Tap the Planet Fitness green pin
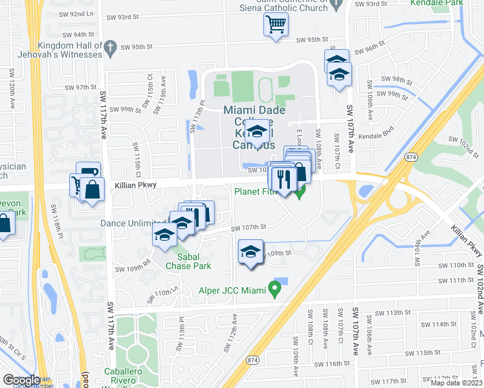(x=299, y=191)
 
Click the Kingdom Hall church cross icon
(x=110, y=46)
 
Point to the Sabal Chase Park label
(x=188, y=261)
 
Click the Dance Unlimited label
(x=133, y=223)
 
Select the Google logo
(x=21, y=380)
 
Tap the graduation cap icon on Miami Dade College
(x=257, y=133)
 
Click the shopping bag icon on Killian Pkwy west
(x=93, y=190)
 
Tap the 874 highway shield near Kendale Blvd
(x=410, y=156)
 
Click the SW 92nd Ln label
(x=78, y=13)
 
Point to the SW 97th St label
(x=81, y=87)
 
